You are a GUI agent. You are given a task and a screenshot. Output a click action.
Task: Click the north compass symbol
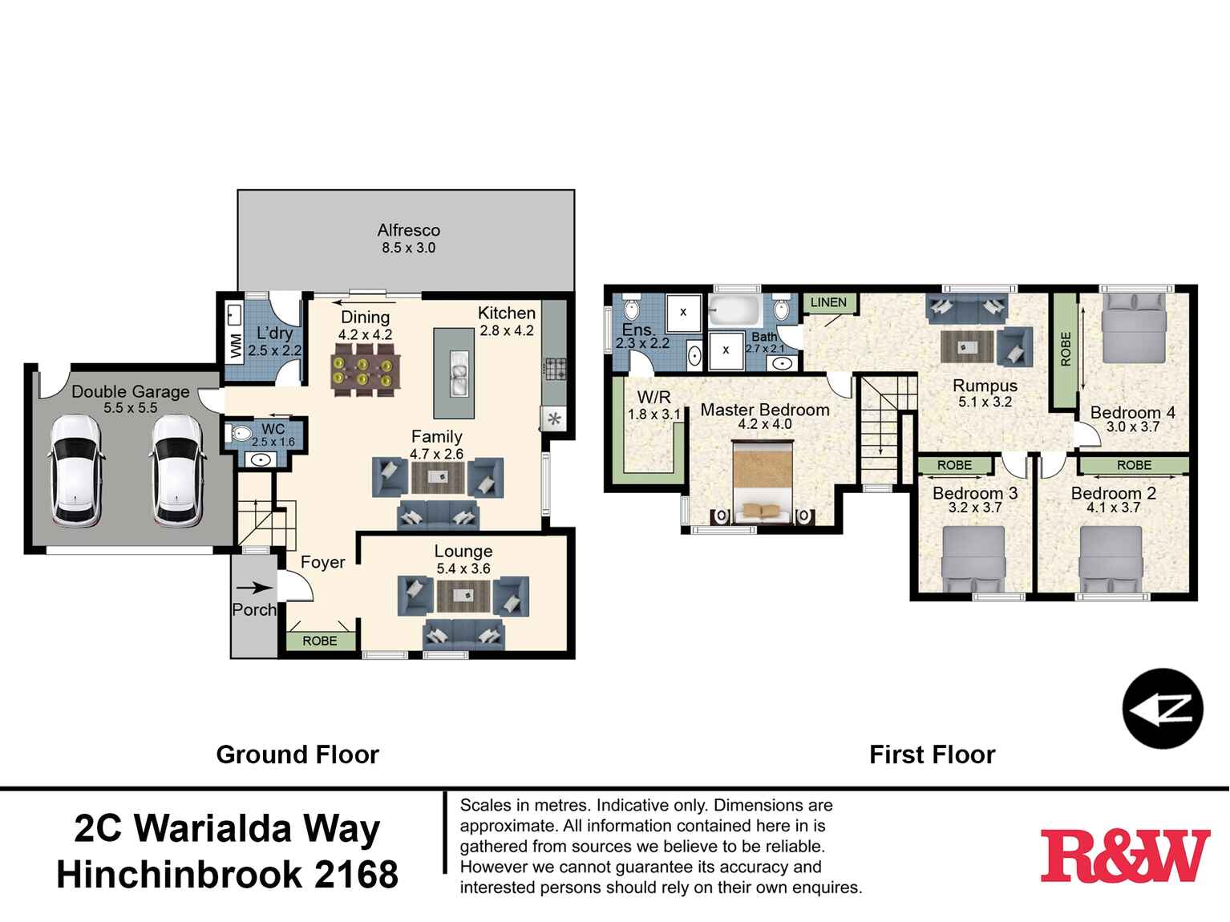pyautogui.click(x=1162, y=709)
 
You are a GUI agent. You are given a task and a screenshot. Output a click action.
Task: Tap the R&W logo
pyautogui.click(x=1125, y=856)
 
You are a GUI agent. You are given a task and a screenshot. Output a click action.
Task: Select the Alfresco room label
pyautogui.click(x=408, y=230)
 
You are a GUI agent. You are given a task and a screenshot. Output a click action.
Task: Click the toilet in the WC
pyautogui.click(x=239, y=434)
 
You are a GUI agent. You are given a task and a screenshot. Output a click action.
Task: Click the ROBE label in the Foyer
pyautogui.click(x=320, y=641)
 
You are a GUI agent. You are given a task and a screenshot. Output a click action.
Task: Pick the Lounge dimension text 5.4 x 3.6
pyautogui.click(x=463, y=568)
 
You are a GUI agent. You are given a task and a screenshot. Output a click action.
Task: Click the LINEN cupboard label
pyautogui.click(x=828, y=302)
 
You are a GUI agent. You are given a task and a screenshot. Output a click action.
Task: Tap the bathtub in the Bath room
pyautogui.click(x=734, y=309)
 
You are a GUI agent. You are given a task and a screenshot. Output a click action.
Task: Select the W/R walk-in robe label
pyautogui.click(x=653, y=397)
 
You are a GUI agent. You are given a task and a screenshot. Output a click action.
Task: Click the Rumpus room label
pyautogui.click(x=985, y=386)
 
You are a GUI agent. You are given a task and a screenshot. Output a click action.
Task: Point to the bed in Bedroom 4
pyautogui.click(x=1133, y=329)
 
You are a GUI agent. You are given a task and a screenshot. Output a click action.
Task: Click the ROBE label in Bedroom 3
pyautogui.click(x=954, y=465)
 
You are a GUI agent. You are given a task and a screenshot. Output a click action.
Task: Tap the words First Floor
pyautogui.click(x=932, y=754)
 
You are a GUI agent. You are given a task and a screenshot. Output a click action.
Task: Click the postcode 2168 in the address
pyautogui.click(x=356, y=875)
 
